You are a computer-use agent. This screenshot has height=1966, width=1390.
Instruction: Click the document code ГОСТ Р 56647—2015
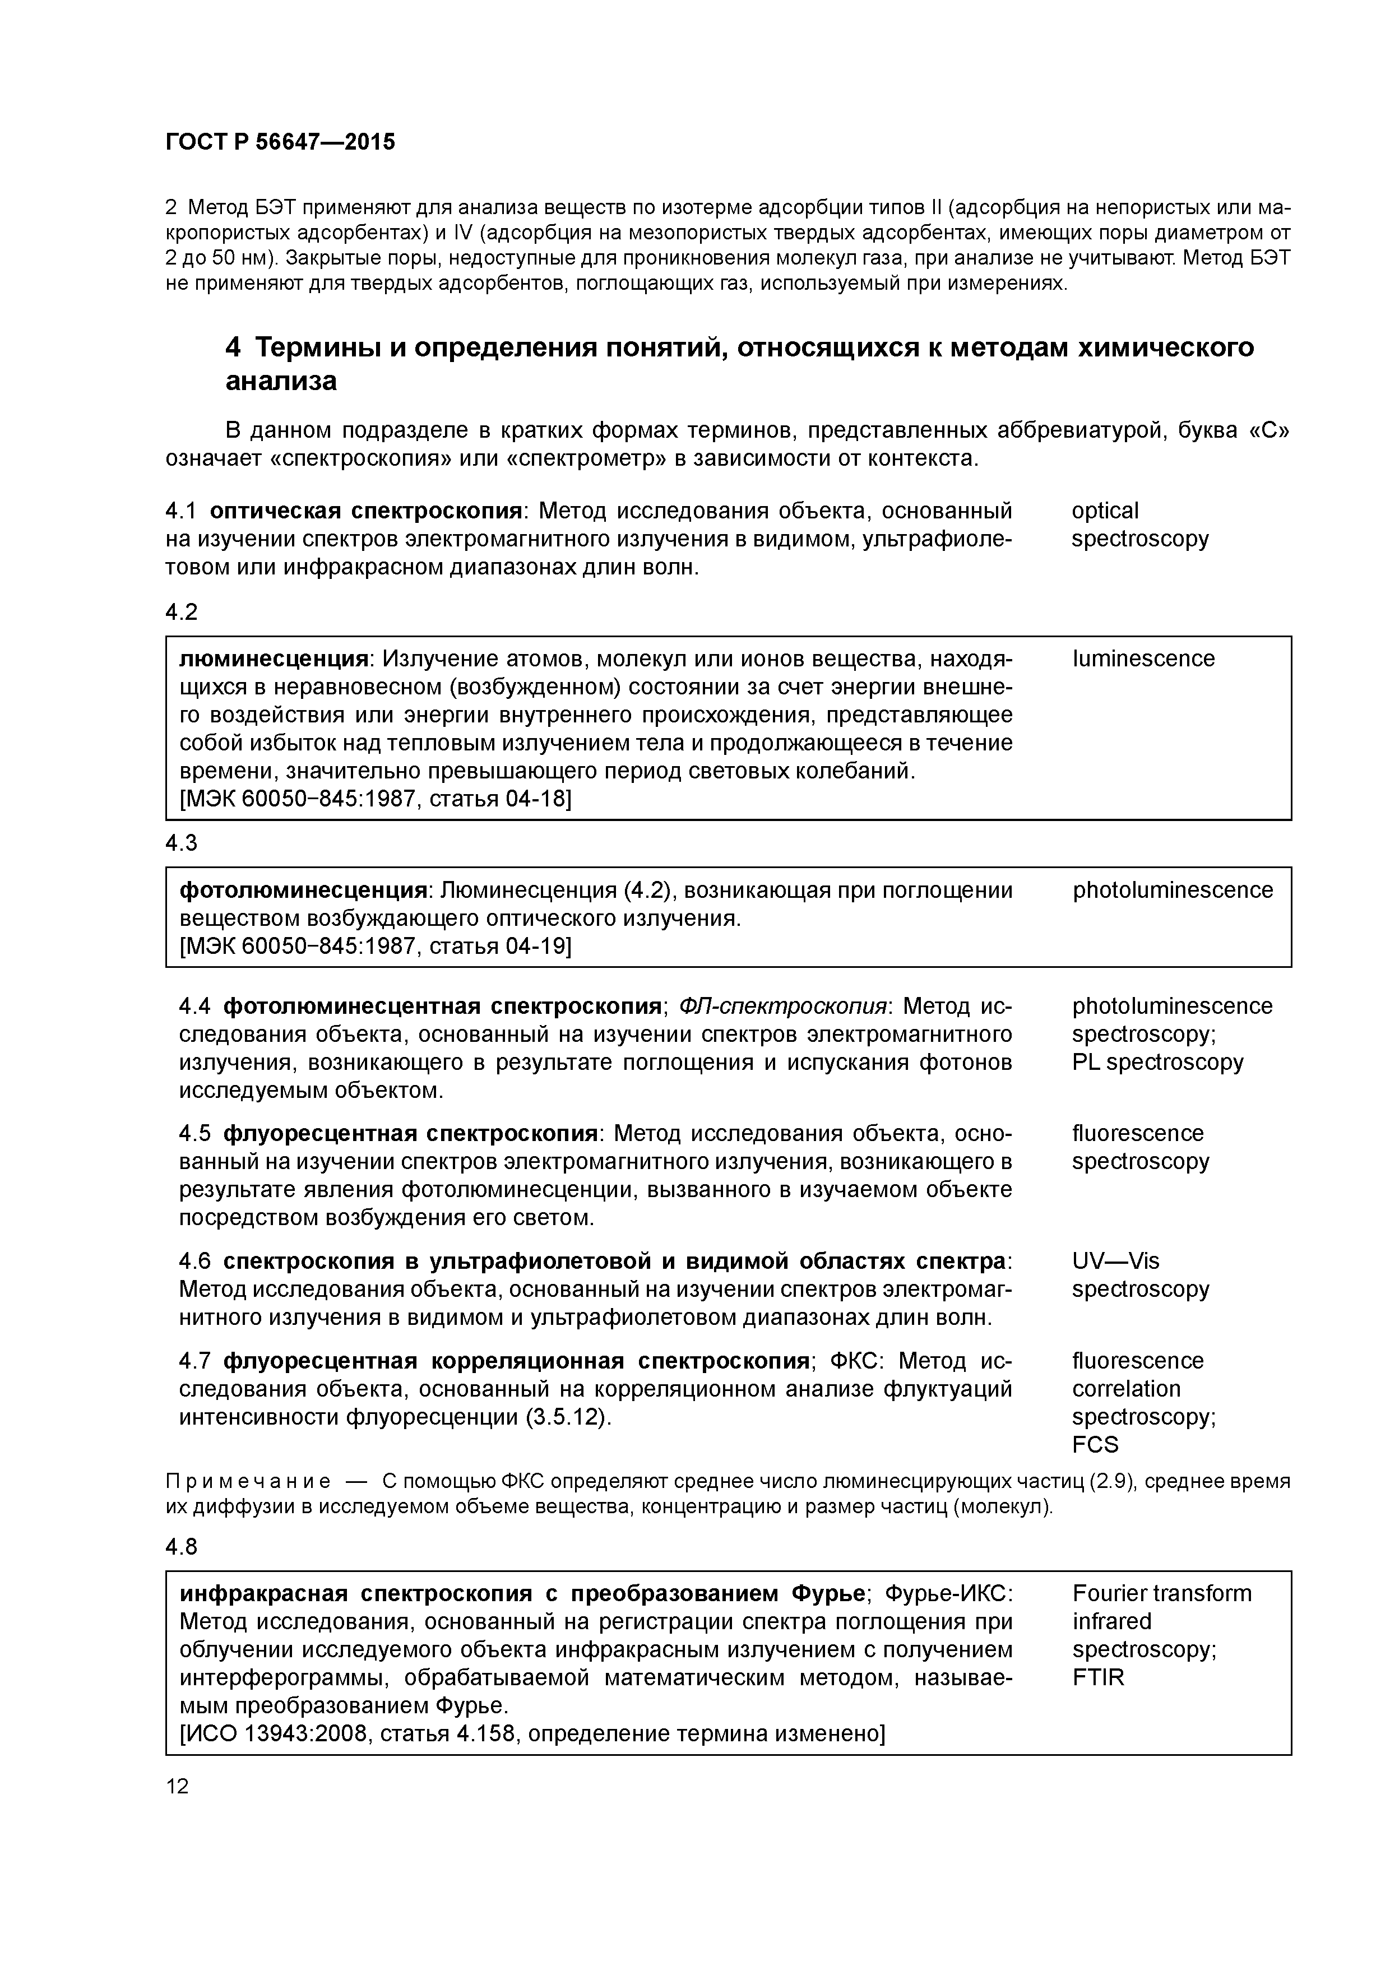280,142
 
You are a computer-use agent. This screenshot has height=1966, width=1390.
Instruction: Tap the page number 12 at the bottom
177,1786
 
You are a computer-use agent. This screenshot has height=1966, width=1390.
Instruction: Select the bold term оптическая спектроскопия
365,511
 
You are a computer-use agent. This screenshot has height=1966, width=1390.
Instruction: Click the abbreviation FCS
1095,1445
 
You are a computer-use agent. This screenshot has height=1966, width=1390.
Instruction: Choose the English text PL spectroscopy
1157,1063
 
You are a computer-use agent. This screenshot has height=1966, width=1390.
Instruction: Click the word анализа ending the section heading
280,382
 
